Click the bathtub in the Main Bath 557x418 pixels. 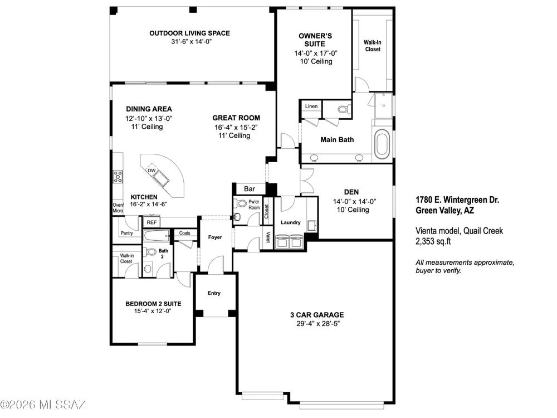[x=382, y=144]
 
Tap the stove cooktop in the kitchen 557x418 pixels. [x=118, y=177]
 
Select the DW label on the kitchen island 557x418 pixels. [x=152, y=171]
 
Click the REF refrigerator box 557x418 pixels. [x=152, y=222]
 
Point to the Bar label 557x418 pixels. [x=250, y=189]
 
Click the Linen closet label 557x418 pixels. [x=311, y=106]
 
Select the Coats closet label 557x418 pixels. [x=185, y=233]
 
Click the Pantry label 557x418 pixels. [x=127, y=233]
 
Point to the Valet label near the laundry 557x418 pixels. [x=268, y=237]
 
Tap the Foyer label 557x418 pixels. [x=215, y=237]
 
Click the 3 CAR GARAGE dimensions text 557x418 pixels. [x=318, y=324]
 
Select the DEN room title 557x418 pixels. [x=351, y=192]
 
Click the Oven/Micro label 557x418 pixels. [x=118, y=208]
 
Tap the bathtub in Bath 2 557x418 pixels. [x=157, y=236]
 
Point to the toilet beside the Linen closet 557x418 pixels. [x=343, y=109]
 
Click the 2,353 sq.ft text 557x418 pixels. [x=433, y=241]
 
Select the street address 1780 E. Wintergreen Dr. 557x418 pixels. [x=457, y=200]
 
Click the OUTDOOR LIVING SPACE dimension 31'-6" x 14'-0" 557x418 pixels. [x=191, y=42]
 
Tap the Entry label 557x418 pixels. [x=214, y=293]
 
